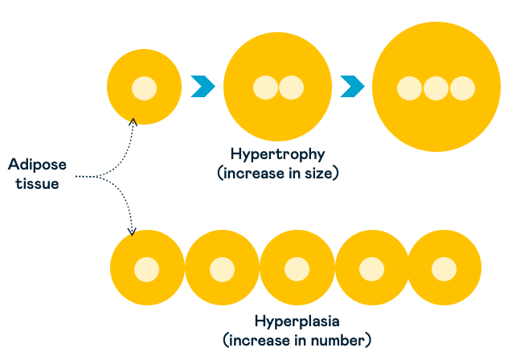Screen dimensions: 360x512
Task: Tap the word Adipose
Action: coord(37,165)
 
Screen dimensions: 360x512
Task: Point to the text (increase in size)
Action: coord(277,171)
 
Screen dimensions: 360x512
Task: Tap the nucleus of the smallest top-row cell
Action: coord(145,87)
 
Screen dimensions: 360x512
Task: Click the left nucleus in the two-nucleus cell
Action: coord(265,87)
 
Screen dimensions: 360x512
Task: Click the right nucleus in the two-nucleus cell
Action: coord(290,87)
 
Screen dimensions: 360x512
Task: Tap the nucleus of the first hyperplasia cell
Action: coord(146,268)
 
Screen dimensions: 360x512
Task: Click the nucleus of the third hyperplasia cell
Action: coord(297,268)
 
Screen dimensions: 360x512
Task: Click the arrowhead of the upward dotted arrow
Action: coord(133,121)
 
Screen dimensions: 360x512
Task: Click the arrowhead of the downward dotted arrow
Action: coord(133,231)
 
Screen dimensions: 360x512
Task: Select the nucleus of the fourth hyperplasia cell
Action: coord(371,268)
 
